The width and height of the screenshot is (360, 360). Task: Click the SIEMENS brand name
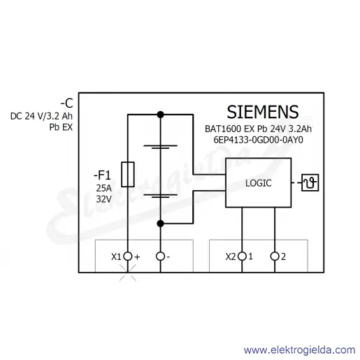(x=263, y=112)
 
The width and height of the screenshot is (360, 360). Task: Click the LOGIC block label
(x=259, y=183)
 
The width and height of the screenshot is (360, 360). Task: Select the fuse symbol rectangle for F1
(x=128, y=174)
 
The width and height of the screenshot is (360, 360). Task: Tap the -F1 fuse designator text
(x=102, y=175)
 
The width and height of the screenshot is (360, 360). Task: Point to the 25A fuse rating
(x=103, y=188)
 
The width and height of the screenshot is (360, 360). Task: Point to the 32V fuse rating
(x=103, y=199)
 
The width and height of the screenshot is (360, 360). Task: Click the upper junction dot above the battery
(x=160, y=115)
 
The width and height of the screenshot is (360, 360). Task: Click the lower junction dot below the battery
(x=160, y=224)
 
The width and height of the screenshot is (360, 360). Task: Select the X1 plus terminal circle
(x=128, y=257)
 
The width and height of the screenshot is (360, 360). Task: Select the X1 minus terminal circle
(x=160, y=257)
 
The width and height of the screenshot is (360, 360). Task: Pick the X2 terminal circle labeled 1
(x=242, y=257)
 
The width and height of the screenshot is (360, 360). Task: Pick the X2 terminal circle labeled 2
(x=275, y=257)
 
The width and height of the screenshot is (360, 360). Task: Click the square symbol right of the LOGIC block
(x=310, y=182)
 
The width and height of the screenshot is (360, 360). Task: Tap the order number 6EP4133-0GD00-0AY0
(x=259, y=140)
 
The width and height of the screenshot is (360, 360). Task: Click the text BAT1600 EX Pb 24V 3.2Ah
(x=258, y=129)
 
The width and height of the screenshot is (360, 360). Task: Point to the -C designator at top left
(x=67, y=103)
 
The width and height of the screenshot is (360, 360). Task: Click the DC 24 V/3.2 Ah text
(x=41, y=116)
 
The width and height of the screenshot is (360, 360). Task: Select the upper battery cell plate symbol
(x=160, y=147)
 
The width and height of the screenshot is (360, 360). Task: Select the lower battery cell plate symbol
(x=160, y=196)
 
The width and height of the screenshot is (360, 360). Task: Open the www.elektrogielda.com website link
(x=299, y=350)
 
